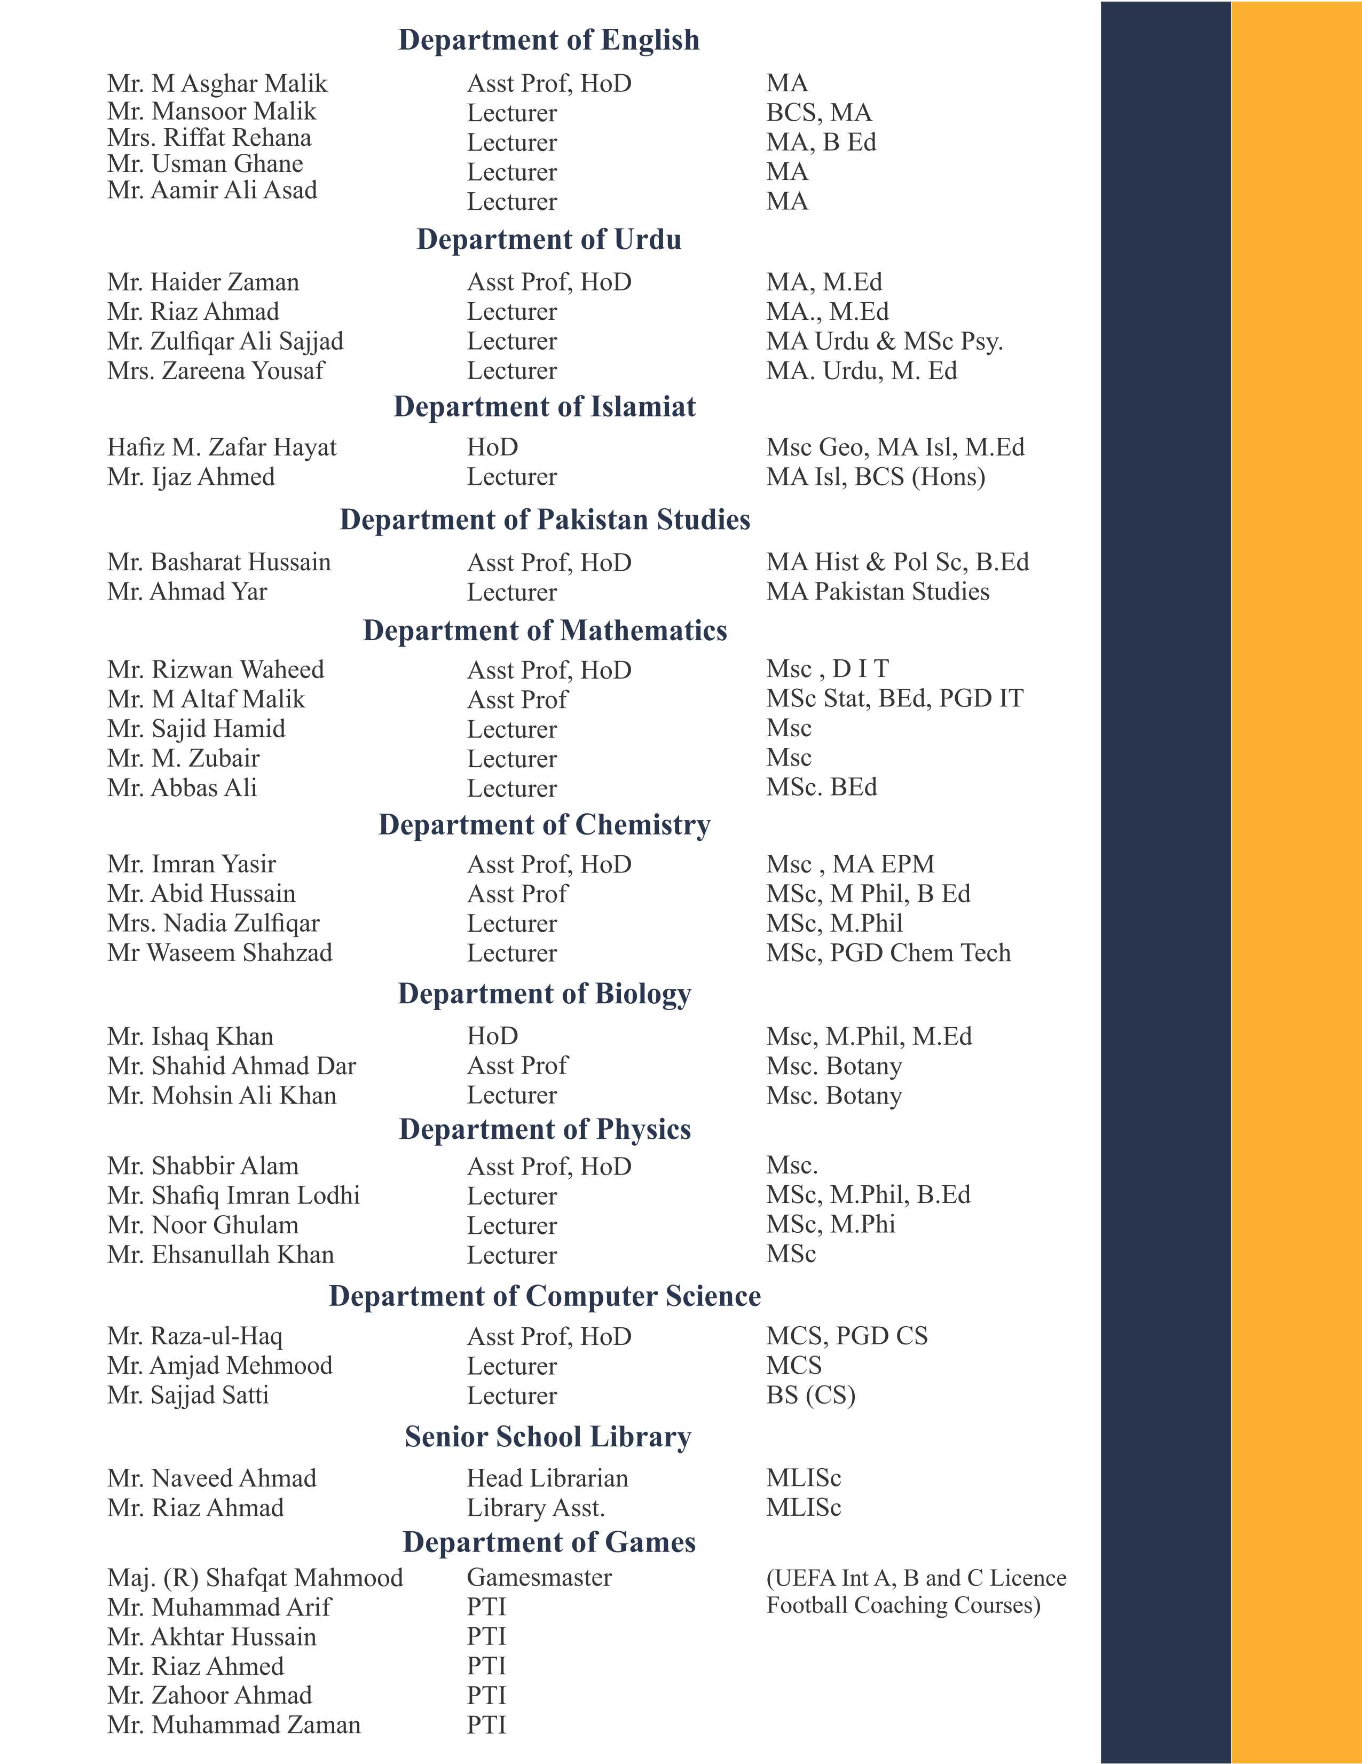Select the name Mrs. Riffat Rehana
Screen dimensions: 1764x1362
click(x=209, y=138)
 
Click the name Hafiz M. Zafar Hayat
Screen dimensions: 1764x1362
click(x=222, y=447)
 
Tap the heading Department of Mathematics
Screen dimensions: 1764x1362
click(x=545, y=631)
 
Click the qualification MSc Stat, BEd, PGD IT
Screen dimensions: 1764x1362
click(x=894, y=699)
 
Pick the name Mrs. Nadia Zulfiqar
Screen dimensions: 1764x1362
click(x=213, y=923)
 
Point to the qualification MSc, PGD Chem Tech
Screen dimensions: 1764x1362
click(x=888, y=953)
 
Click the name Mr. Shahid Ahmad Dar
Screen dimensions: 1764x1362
click(x=231, y=1066)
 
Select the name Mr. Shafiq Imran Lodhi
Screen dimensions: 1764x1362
click(x=233, y=1195)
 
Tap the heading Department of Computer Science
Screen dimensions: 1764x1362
click(x=545, y=1296)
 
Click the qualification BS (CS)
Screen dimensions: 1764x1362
click(x=810, y=1395)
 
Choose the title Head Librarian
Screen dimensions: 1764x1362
click(x=547, y=1478)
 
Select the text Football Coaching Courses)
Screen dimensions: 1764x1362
click(x=903, y=1605)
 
